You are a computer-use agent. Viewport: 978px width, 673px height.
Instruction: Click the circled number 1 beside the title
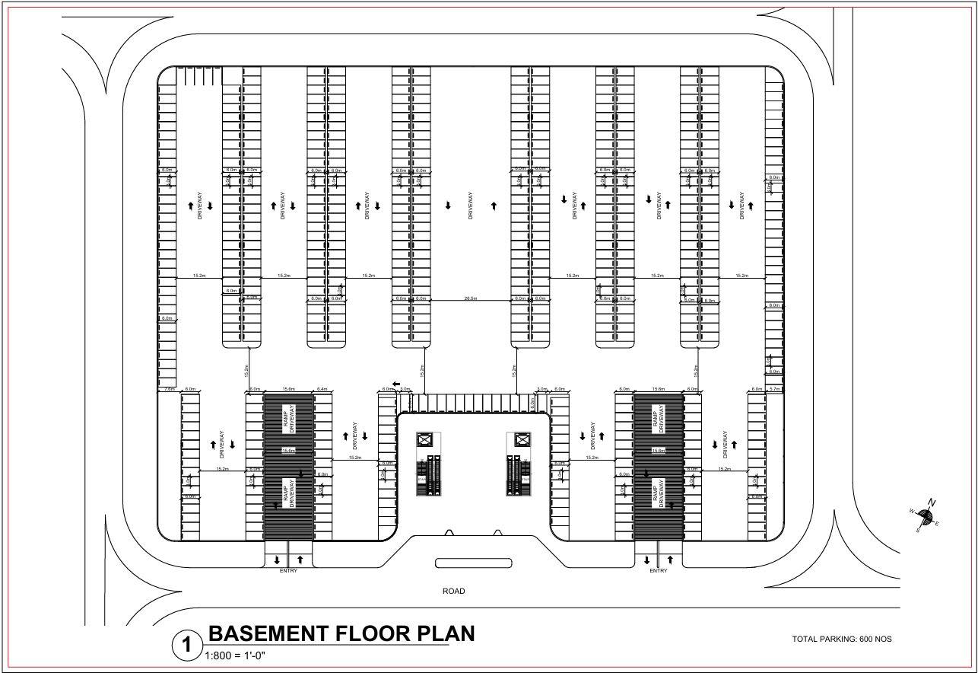186,646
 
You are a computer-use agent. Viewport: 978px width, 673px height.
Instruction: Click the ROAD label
453,592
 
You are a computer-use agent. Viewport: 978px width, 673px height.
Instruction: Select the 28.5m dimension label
471,298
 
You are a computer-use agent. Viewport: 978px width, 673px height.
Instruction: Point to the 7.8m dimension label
169,389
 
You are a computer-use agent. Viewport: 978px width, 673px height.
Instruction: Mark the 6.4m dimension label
322,389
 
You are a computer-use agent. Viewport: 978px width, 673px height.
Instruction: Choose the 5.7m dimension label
774,389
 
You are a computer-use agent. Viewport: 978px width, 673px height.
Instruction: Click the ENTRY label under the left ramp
288,571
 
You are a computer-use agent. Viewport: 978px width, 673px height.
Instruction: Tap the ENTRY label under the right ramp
658,571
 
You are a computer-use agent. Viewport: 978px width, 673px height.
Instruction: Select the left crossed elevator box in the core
424,439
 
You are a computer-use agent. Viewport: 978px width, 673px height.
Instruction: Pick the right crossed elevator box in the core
522,439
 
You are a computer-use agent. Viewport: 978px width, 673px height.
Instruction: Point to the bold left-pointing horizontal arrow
396,383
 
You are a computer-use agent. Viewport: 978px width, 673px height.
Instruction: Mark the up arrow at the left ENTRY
300,560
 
